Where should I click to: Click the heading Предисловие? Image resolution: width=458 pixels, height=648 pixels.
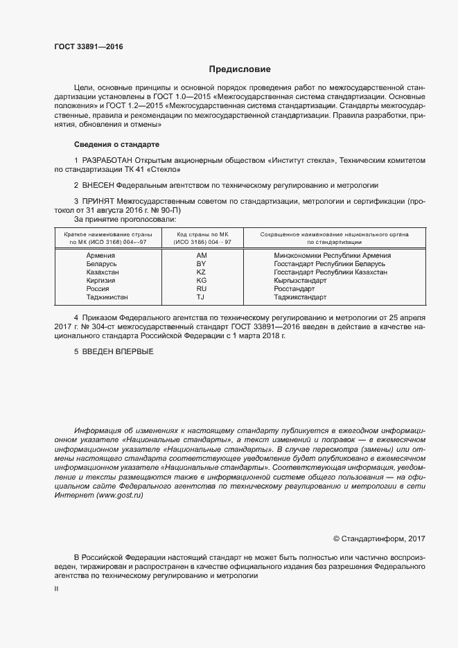point(240,69)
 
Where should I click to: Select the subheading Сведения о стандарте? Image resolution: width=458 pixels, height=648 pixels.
point(116,145)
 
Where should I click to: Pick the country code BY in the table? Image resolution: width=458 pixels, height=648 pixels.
point(202,264)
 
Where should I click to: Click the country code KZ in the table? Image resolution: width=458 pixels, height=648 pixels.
point(202,272)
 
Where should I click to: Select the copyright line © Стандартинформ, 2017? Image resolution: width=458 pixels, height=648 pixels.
point(379,538)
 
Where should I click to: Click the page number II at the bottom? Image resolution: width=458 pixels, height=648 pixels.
point(56,588)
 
